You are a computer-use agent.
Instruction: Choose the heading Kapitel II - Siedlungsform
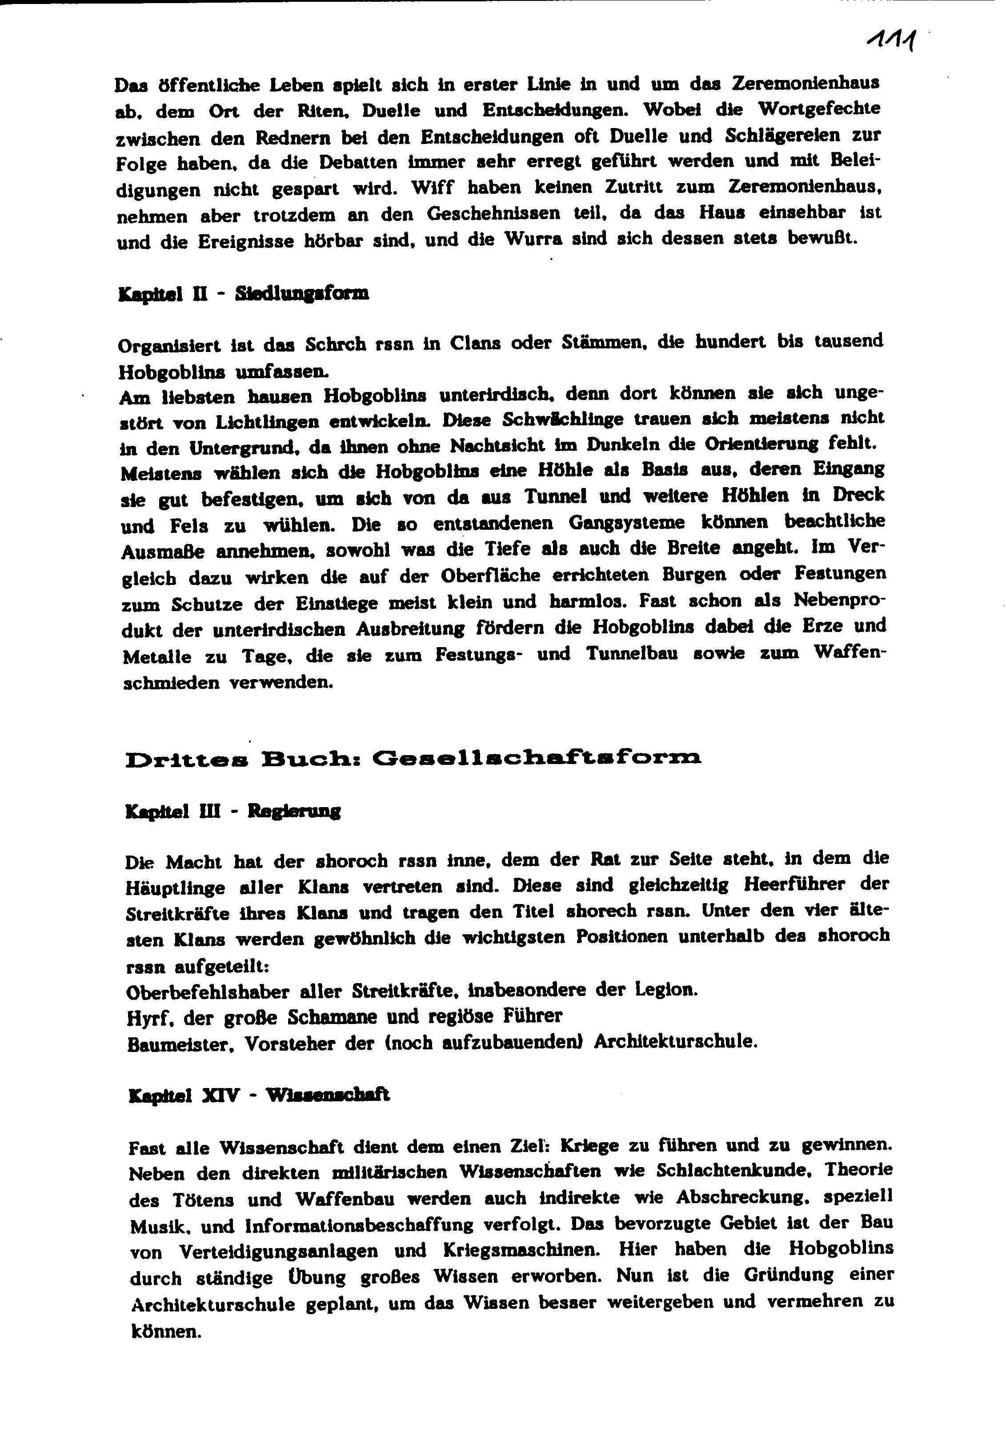(243, 294)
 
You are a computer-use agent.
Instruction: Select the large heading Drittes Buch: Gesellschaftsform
(413, 759)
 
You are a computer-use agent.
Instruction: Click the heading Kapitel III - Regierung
(233, 812)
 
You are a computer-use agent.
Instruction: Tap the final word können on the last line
(166, 1332)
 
